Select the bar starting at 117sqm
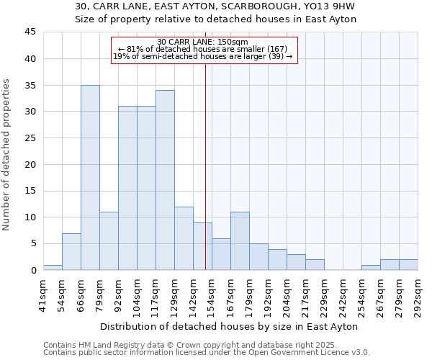click(165, 180)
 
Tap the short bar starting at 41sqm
click(53, 267)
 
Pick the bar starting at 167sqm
click(240, 241)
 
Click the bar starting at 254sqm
click(371, 267)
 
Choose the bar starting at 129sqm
click(184, 238)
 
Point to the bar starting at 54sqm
click(71, 251)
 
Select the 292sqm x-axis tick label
click(418, 296)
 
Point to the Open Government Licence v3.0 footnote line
click(207, 353)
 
